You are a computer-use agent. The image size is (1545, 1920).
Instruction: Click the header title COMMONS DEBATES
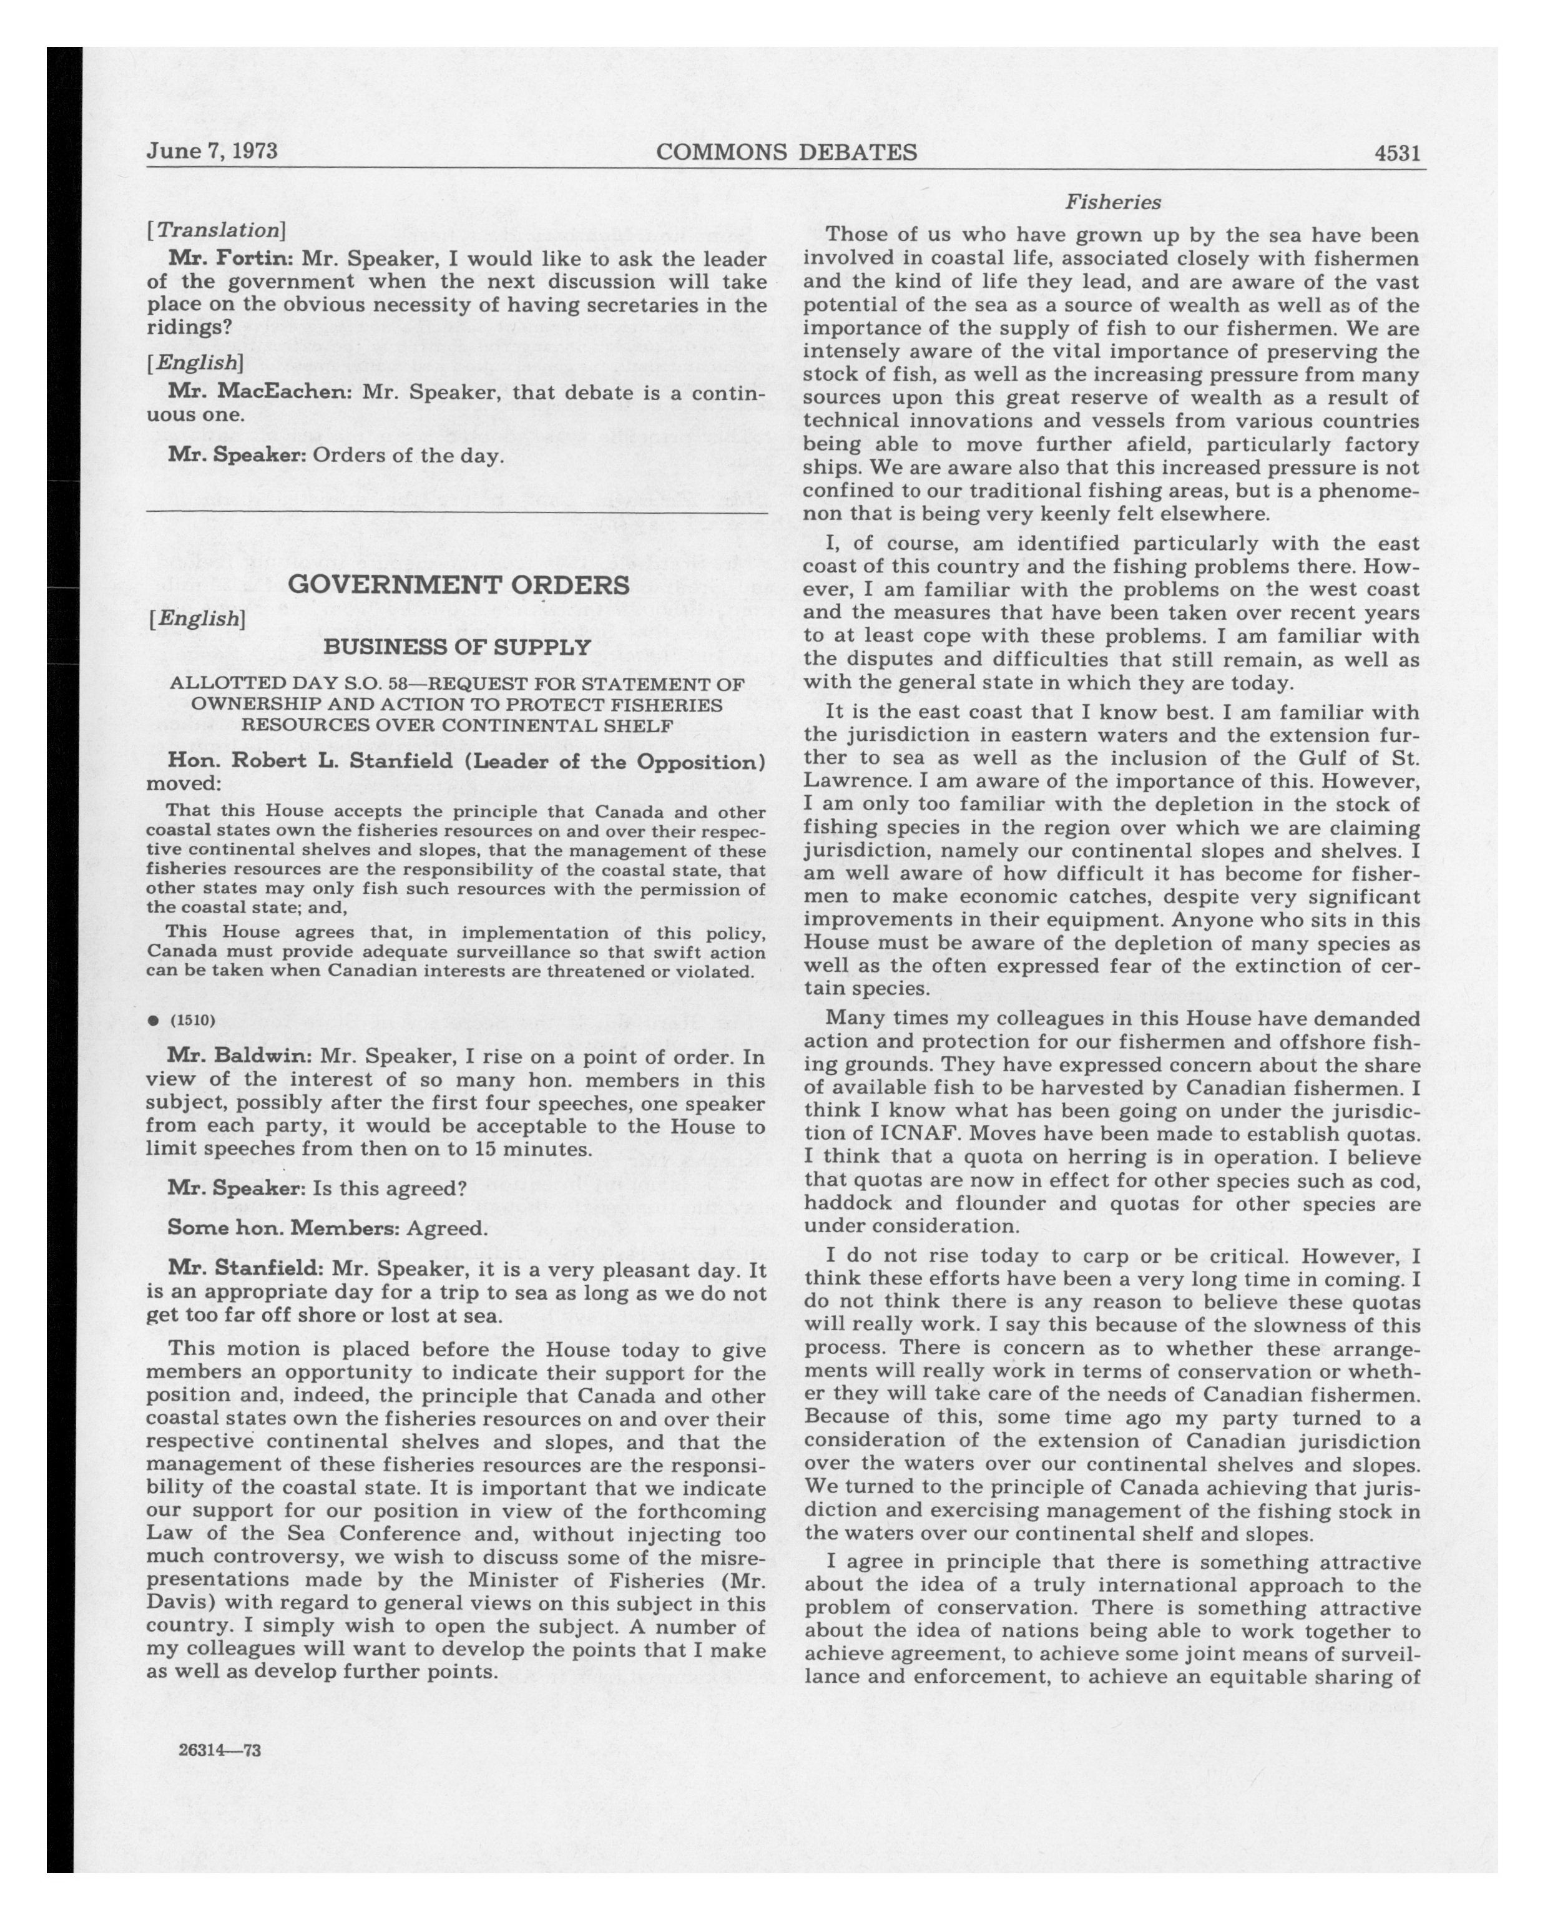[x=787, y=152]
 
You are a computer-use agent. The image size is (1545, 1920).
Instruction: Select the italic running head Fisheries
[x=1113, y=202]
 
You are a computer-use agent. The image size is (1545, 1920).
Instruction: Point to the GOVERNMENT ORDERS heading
[x=459, y=585]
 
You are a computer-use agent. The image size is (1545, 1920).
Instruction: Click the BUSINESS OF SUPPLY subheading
[x=457, y=647]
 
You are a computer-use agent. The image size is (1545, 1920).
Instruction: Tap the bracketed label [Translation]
[x=217, y=230]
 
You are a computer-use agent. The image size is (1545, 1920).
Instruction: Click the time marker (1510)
[x=192, y=1020]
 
